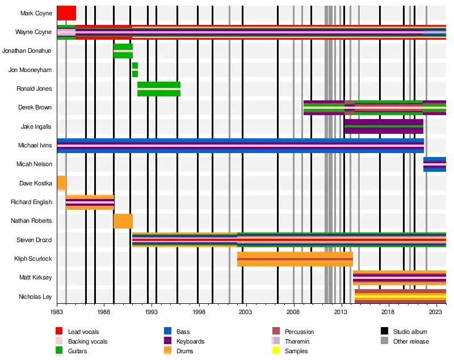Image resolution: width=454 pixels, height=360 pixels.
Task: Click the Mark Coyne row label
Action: [x=36, y=13]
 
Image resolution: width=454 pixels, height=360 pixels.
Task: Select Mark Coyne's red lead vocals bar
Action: [x=66, y=13]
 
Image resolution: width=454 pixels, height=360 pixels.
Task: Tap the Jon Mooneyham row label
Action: [x=30, y=70]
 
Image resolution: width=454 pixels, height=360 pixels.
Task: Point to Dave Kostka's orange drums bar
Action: [x=61, y=183]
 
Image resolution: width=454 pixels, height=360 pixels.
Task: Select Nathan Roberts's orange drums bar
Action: [x=123, y=221]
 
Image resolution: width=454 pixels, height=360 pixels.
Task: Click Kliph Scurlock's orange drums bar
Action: [x=295, y=259]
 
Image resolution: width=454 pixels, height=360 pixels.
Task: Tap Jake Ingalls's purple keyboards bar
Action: [x=384, y=126]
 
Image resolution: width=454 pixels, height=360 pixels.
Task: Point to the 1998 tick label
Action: [x=198, y=312]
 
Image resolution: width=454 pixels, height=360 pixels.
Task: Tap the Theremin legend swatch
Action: [x=276, y=341]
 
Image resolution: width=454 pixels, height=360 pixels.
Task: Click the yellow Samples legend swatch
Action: [x=276, y=351]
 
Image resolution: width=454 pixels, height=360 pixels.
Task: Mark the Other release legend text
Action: [x=411, y=341]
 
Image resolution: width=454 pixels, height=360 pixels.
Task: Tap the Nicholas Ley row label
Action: [x=35, y=297]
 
